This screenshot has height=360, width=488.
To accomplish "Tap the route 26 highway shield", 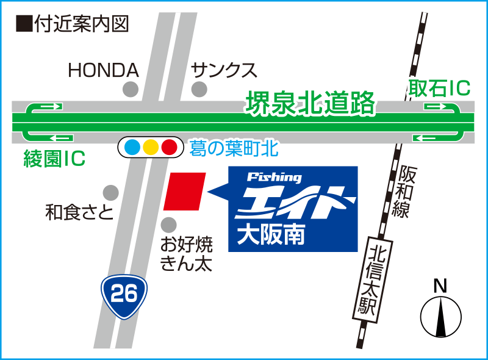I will pyautogui.click(x=124, y=295).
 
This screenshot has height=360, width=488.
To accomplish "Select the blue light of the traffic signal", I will pyautogui.click(x=132, y=147).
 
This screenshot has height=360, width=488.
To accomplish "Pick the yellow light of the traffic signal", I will pyautogui.click(x=151, y=147).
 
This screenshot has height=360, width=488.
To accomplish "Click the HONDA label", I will pyautogui.click(x=104, y=71).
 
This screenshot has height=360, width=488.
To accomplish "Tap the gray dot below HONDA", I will pyautogui.click(x=131, y=90).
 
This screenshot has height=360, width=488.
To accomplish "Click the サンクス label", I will pyautogui.click(x=224, y=71).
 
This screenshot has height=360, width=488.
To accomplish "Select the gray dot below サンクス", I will pyautogui.click(x=199, y=90).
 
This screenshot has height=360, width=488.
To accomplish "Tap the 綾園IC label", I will pyautogui.click(x=54, y=160).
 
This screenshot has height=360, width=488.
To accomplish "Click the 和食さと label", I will pyautogui.click(x=80, y=212).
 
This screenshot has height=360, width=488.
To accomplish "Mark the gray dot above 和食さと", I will pyautogui.click(x=110, y=193).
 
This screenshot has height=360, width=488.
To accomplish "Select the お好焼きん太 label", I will pyautogui.click(x=186, y=254).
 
